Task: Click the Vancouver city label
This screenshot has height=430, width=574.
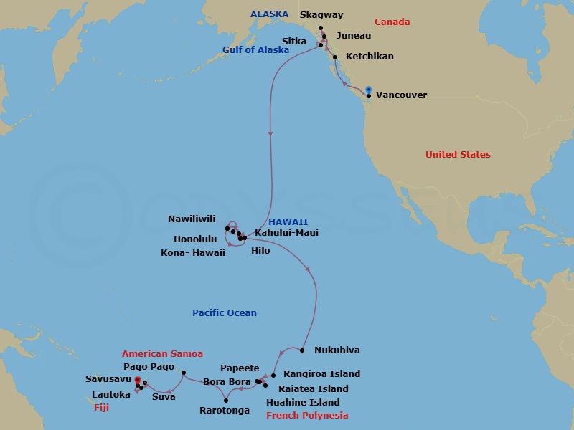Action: tap(401, 95)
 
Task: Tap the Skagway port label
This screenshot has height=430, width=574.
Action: tap(321, 14)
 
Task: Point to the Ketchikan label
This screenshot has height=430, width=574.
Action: tap(369, 57)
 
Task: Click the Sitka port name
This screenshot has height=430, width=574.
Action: tap(294, 42)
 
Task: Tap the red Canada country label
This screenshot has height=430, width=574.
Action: tap(392, 22)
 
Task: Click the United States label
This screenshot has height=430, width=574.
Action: tap(458, 155)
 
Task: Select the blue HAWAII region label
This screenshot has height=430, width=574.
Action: tap(288, 222)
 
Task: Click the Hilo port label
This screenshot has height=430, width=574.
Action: tap(260, 251)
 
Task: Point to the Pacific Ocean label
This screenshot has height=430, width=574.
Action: tap(224, 313)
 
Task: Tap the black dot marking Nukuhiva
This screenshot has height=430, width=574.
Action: tap(302, 350)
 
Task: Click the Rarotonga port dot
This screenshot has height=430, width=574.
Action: tap(226, 400)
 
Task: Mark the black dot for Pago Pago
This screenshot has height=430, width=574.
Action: tap(184, 373)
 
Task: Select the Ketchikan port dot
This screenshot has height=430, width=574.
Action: tap(335, 57)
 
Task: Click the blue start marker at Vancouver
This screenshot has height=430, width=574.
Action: tap(368, 90)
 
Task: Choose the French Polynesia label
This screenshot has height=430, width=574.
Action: tap(307, 416)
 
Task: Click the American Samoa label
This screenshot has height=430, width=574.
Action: tap(162, 354)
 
